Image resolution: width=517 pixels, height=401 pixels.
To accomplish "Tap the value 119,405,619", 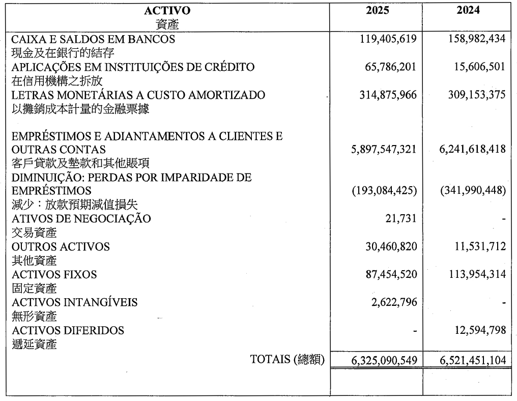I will [x=387, y=39].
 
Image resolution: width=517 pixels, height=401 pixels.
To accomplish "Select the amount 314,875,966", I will [x=387, y=95].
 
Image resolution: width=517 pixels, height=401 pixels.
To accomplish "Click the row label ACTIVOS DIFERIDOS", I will [x=68, y=331].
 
